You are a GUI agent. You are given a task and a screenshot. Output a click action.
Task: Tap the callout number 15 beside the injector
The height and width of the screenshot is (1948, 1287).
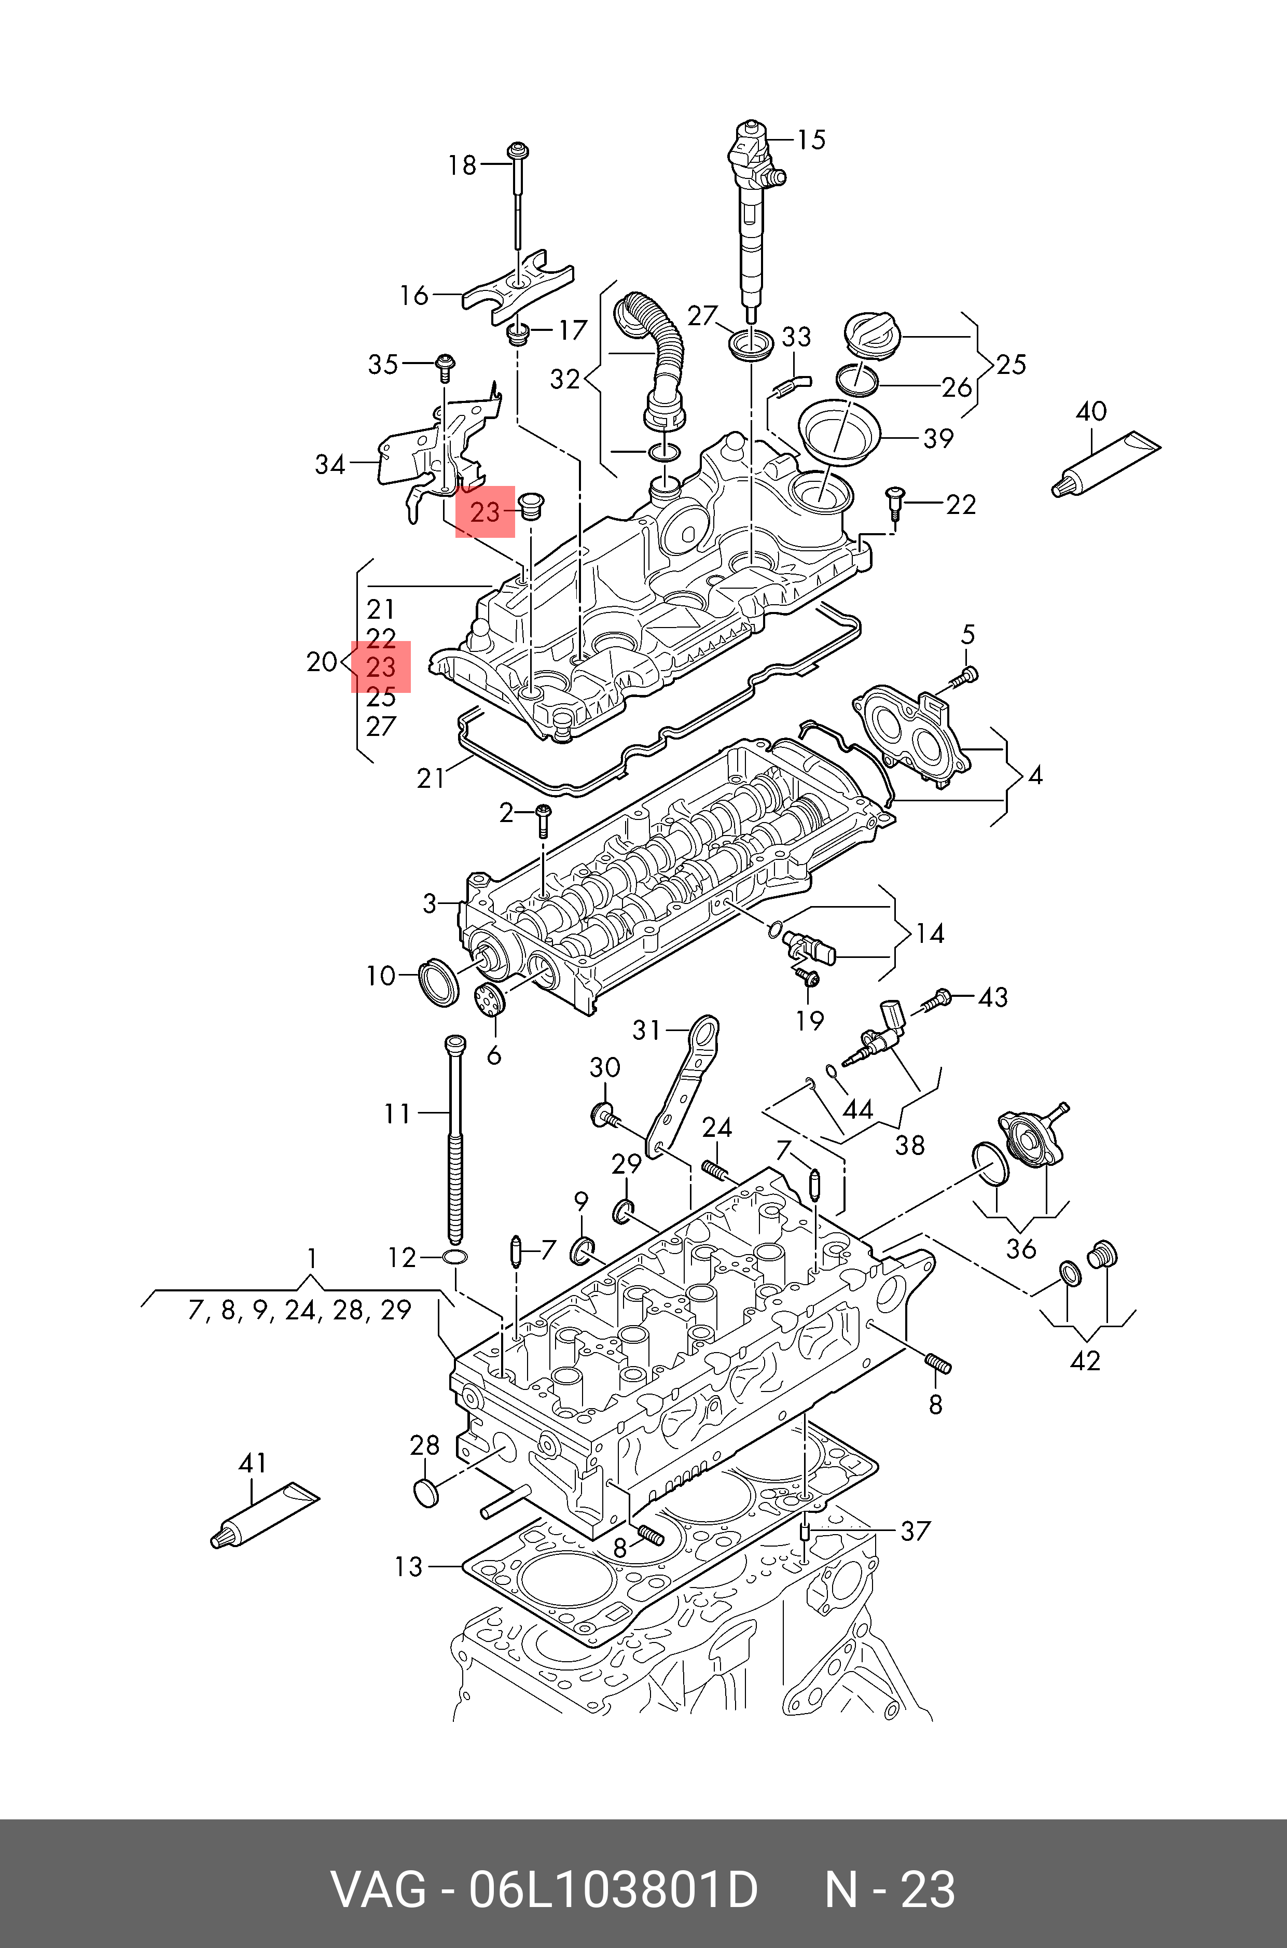click(811, 140)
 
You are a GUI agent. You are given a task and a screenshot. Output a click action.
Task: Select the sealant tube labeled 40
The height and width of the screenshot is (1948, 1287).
click(1105, 464)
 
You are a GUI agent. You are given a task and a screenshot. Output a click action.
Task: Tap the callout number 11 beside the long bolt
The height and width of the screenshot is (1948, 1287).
click(397, 1114)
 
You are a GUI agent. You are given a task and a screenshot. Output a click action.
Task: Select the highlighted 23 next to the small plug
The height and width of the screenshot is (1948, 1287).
click(485, 512)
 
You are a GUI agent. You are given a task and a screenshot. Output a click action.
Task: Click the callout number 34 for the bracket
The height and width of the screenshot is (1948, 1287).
click(330, 464)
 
